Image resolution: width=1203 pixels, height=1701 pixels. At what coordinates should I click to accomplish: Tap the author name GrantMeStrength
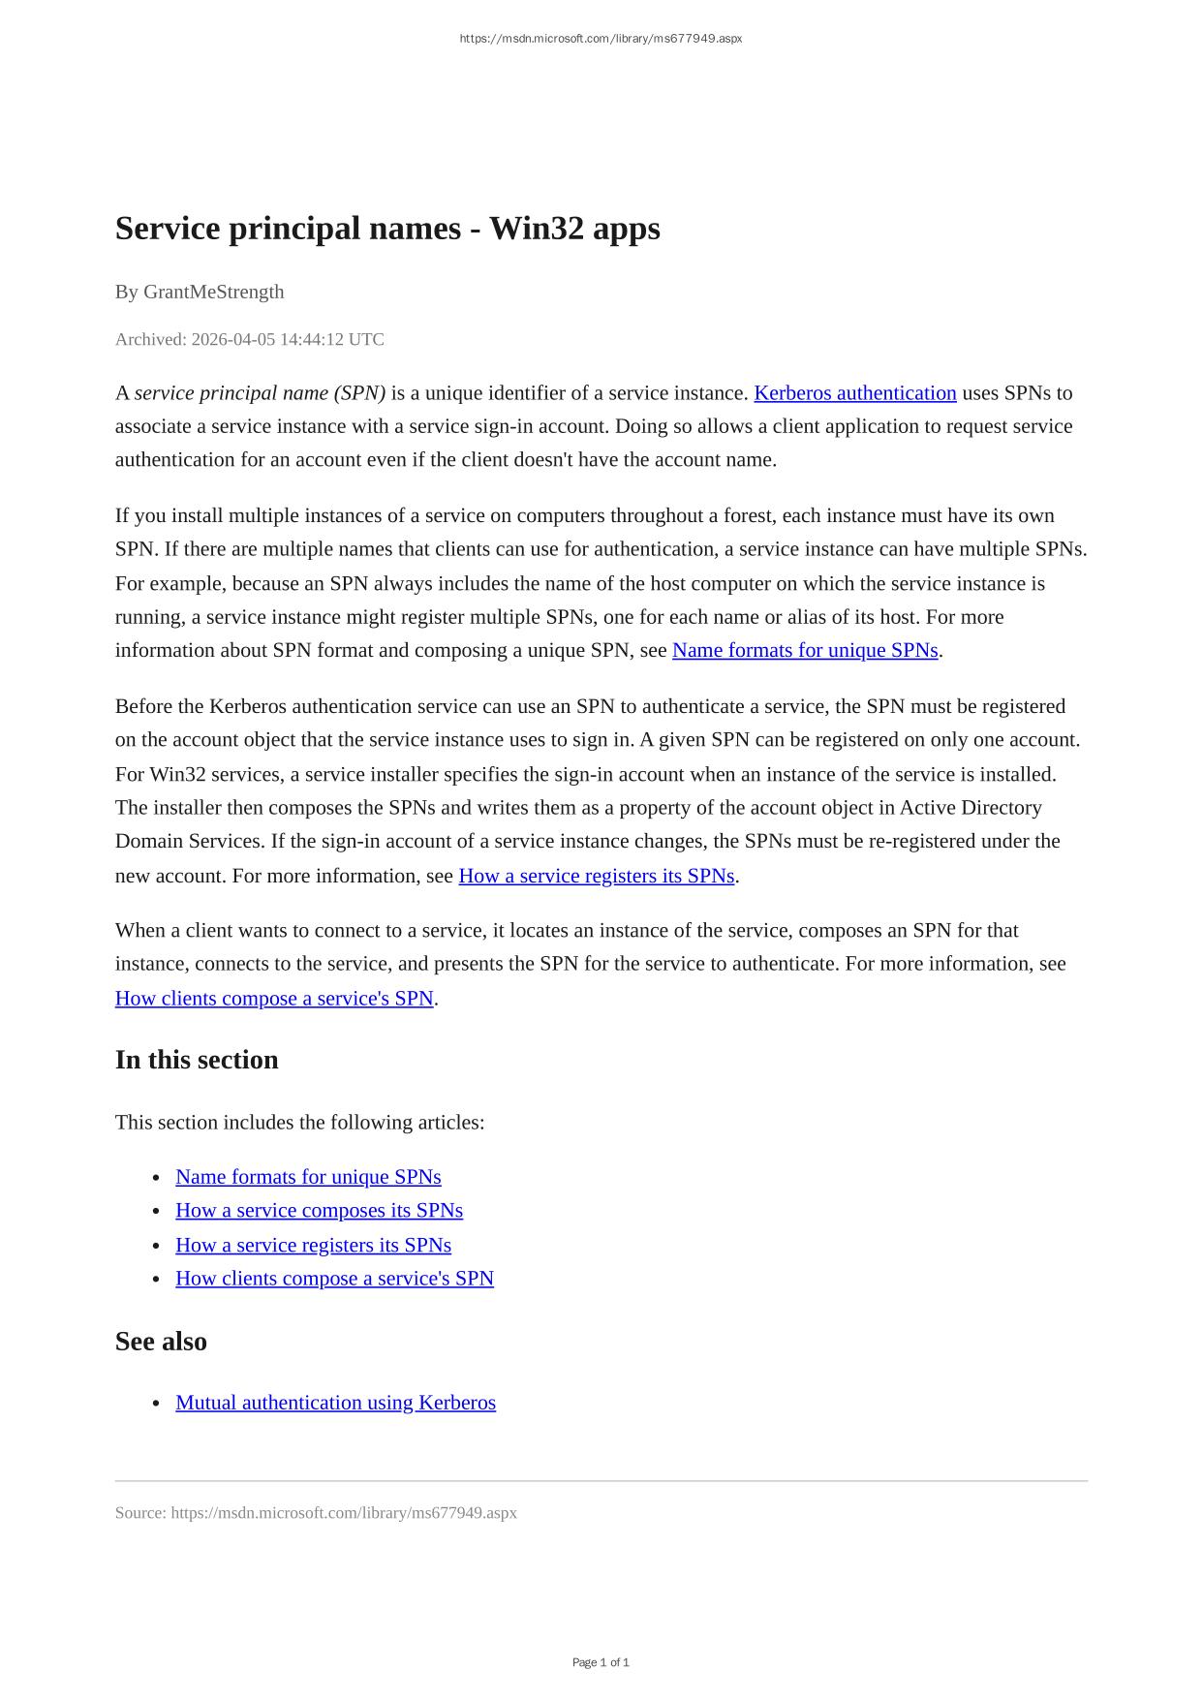(x=213, y=292)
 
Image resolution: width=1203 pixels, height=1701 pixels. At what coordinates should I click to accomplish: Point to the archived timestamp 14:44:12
(x=312, y=339)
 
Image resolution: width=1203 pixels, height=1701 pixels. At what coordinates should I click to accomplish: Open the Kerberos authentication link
(x=854, y=393)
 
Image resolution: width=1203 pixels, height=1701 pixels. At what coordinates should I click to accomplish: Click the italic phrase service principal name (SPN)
(x=260, y=393)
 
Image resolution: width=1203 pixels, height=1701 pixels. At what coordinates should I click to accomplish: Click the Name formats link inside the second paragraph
(x=805, y=650)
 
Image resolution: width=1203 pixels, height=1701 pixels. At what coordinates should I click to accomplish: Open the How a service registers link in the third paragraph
(x=596, y=876)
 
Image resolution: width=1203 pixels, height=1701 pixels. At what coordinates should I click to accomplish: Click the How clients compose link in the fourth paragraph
(x=274, y=999)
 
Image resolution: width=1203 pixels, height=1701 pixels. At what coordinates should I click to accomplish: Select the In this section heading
(x=197, y=1060)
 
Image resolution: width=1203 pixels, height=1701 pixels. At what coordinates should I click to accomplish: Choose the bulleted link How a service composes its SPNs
(x=319, y=1211)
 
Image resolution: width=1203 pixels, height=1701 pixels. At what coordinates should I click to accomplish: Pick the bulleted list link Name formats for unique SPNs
(x=308, y=1177)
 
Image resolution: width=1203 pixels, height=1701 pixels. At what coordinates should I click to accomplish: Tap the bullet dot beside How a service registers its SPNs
(x=156, y=1247)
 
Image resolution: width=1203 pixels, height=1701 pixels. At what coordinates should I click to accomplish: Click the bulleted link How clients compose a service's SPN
(x=334, y=1279)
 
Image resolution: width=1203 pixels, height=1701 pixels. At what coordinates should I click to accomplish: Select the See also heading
(x=161, y=1342)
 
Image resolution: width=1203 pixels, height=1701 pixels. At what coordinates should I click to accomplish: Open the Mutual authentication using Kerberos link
(x=335, y=1403)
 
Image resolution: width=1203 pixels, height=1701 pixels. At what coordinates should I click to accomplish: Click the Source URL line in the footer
(x=316, y=1513)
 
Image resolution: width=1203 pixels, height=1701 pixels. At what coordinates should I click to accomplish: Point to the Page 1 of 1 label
(x=601, y=1662)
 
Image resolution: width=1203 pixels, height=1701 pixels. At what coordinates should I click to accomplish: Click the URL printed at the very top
(x=601, y=39)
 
